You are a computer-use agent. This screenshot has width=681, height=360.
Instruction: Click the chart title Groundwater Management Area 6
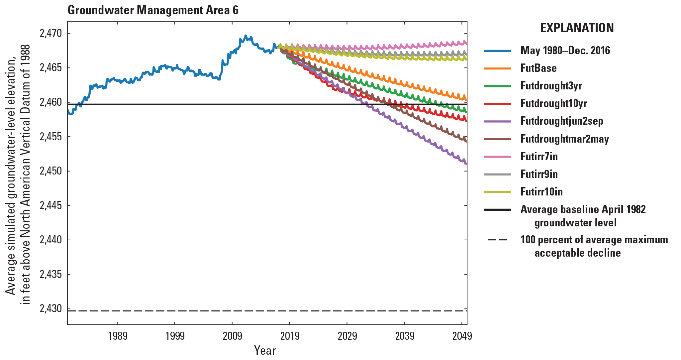[x=153, y=10]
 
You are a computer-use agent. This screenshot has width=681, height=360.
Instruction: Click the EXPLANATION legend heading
[x=577, y=28]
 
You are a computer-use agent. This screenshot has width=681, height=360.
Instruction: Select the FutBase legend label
[x=538, y=68]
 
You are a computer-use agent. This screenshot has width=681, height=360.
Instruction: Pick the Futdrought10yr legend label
[x=553, y=103]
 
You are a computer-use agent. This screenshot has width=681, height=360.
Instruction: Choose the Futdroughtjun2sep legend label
[x=562, y=121]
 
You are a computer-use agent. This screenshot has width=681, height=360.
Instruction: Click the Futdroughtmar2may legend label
[x=564, y=139]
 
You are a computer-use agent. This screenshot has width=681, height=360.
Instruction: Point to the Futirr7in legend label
[x=539, y=157]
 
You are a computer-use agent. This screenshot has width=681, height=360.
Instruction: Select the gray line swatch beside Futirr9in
[x=498, y=174]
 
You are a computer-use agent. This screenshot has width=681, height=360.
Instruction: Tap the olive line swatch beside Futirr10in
[x=498, y=192]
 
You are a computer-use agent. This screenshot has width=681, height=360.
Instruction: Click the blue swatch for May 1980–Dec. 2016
[x=498, y=51]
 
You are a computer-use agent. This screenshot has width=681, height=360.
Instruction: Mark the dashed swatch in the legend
[x=498, y=240]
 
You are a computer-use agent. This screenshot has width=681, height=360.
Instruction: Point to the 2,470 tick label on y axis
[x=50, y=33]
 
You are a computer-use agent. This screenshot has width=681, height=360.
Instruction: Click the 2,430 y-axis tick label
[x=50, y=309]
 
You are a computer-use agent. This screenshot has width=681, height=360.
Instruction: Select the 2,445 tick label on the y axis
[x=50, y=205]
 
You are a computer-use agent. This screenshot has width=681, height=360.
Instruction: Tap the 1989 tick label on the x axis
[x=118, y=336]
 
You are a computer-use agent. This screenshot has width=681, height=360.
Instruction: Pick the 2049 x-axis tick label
[x=462, y=336]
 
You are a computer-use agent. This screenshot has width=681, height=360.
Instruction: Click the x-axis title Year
[x=265, y=350]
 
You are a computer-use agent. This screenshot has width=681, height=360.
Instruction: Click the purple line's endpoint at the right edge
[x=466, y=164]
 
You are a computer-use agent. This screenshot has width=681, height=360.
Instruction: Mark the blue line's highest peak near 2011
[x=245, y=36]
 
